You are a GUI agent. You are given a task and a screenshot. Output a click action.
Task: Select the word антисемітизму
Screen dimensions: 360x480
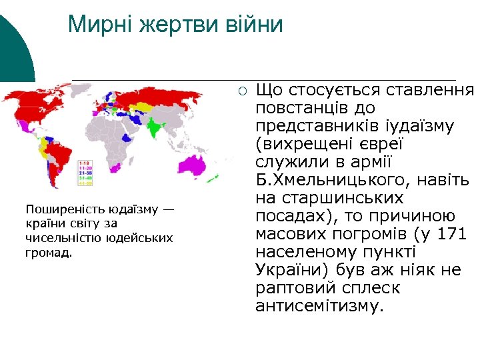(x=319, y=307)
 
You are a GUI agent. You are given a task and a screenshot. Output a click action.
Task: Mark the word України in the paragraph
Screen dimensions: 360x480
(x=289, y=271)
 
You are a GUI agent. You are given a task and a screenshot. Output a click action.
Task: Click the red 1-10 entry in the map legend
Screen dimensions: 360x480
(x=85, y=163)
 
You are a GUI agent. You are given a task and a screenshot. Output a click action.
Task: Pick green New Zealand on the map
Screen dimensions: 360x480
(x=226, y=181)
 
